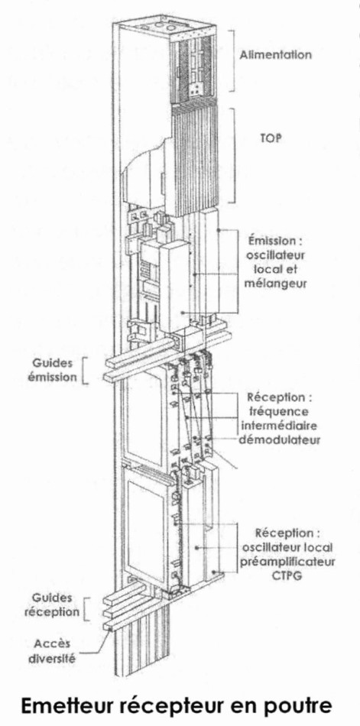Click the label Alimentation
pos(275,54)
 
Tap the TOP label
pos(271,138)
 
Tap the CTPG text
pos(288,575)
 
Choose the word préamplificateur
pos(288,561)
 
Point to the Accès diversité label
pos(52,650)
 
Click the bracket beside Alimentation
pos(232,60)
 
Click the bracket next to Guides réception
pos(84,608)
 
